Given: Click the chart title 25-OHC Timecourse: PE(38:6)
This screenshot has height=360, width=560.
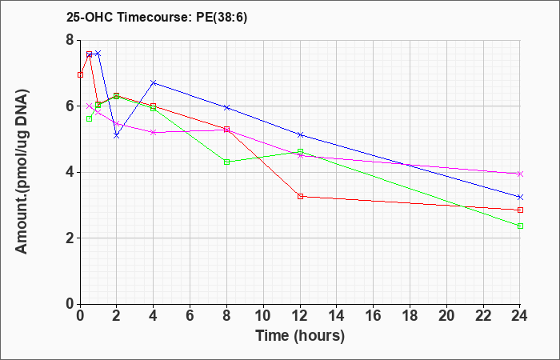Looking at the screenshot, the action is coord(157,18).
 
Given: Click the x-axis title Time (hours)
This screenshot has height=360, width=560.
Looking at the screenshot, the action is coord(300,336).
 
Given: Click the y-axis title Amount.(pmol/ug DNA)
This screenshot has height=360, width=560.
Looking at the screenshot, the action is coord(22,172).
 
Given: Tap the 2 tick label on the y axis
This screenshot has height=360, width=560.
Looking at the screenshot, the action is coord(70,238).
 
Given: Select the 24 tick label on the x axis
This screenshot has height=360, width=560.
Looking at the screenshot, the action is coord(520,315).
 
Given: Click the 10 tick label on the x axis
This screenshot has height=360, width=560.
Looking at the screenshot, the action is coord(263,315).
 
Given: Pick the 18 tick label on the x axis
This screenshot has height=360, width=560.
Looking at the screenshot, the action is coord(410,315).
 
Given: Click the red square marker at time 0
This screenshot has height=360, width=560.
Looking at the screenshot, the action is coord(80,74).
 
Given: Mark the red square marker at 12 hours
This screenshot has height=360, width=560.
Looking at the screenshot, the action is coord(300,196).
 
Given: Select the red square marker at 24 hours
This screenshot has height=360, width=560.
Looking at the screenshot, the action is coord(520,210).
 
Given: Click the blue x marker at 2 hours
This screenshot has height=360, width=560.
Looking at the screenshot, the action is coord(117,136).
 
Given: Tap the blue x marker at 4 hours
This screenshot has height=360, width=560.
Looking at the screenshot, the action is coord(154,83).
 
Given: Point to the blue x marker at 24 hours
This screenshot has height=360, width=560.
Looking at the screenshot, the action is coord(520,197).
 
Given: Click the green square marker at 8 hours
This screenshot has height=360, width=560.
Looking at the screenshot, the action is coord(226,162).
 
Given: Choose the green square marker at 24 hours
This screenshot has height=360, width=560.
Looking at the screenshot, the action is coord(520,226).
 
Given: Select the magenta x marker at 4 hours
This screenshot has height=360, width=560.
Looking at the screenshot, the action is coord(154,132).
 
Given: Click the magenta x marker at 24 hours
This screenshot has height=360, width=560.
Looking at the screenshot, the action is coord(520,174).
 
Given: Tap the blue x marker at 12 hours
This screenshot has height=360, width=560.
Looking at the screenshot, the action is coord(300,134).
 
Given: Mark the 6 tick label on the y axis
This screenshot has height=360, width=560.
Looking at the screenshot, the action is coord(70,106).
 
